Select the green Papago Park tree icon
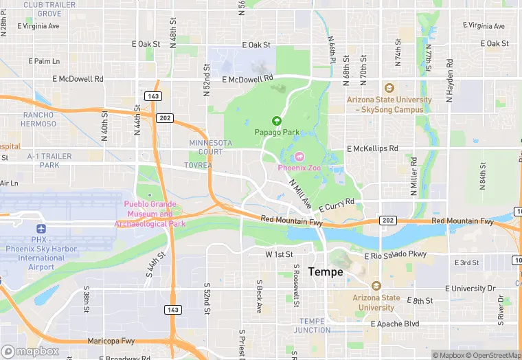tap(277, 120)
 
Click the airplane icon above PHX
tap(41, 229)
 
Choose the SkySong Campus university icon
tap(389, 88)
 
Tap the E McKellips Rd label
tap(372, 148)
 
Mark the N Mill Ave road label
tap(300, 194)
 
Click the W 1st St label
tap(279, 254)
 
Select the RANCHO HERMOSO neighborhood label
tap(39, 120)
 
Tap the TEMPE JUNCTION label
tap(311, 326)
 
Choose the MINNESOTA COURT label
tap(211, 147)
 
